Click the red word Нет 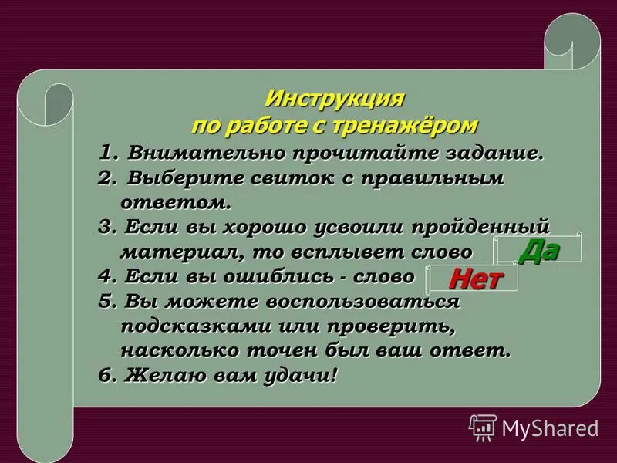(x=471, y=277)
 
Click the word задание (x=494, y=152)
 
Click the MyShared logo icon (x=483, y=427)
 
